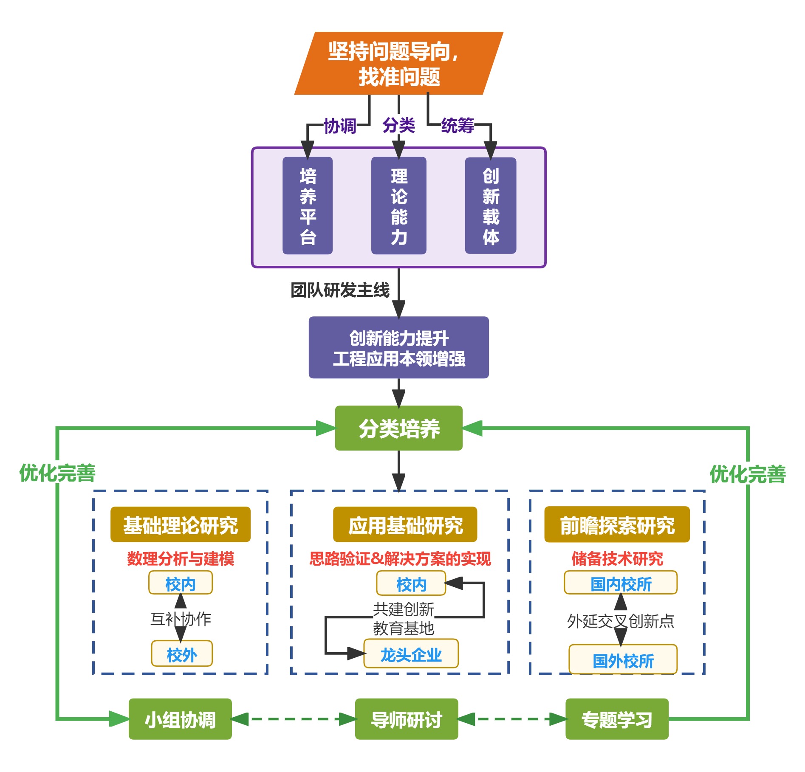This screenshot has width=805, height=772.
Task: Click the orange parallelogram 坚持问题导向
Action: click(398, 63)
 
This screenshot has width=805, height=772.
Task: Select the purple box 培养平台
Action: click(308, 206)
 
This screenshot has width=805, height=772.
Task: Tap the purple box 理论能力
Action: click(398, 206)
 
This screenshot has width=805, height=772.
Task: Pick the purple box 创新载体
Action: click(491, 206)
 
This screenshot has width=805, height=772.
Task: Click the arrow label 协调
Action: click(340, 126)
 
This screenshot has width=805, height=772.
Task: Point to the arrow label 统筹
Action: click(458, 125)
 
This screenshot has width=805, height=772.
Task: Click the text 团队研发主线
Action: click(340, 290)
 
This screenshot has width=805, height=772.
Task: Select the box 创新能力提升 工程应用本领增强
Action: click(398, 347)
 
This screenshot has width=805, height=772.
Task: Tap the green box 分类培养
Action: click(398, 428)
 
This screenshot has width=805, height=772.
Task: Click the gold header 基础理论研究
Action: click(181, 524)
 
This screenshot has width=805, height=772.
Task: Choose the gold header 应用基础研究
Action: click(405, 524)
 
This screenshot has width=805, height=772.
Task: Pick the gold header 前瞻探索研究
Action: click(617, 524)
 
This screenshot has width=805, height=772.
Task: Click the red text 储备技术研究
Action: click(617, 558)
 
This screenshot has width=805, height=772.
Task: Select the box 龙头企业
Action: click(411, 654)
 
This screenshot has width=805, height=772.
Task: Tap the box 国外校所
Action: click(623, 660)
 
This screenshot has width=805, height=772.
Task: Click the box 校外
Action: click(182, 654)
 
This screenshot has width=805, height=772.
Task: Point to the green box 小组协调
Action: click(180, 719)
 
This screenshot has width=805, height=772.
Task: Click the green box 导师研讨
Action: click(407, 719)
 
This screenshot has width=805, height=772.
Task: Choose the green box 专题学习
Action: click(617, 719)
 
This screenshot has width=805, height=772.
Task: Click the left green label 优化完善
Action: click(57, 473)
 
